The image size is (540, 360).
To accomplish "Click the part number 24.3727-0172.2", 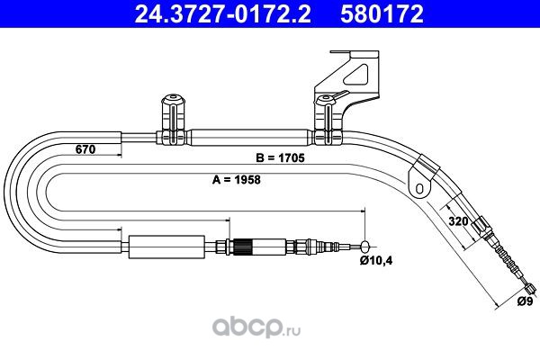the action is coord(222,13).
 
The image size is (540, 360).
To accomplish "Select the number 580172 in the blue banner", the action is coord(382,13).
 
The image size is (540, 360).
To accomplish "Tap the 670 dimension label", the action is coord(85,149).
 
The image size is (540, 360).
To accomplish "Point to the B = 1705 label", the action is coord(280,157).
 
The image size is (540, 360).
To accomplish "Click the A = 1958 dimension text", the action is coord(236,179).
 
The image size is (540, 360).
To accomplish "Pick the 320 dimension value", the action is coord(458,220).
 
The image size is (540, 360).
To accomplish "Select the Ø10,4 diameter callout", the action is coord(376,261).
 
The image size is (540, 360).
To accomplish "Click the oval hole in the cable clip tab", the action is coord(419,188).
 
